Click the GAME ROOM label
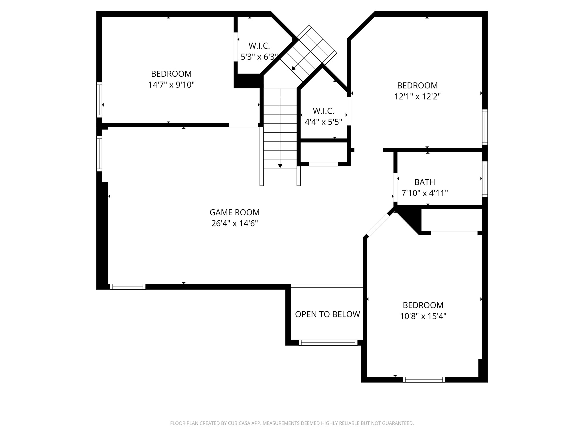tap(234, 212)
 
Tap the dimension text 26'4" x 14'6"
tap(234, 223)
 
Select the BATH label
tap(424, 182)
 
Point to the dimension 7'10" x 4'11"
tap(424, 193)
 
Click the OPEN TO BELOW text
tap(327, 314)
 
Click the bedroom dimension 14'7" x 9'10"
tap(171, 85)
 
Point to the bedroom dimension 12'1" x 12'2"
tap(417, 97)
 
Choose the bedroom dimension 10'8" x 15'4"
tap(423, 316)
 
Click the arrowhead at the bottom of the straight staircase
tap(280, 166)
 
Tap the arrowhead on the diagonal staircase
tap(293, 68)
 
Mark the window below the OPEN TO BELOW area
tap(328, 342)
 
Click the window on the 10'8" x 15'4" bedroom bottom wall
tap(424, 380)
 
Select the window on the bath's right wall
tap(485, 179)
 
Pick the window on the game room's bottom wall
tap(128, 287)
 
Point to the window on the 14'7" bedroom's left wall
tap(99, 100)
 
